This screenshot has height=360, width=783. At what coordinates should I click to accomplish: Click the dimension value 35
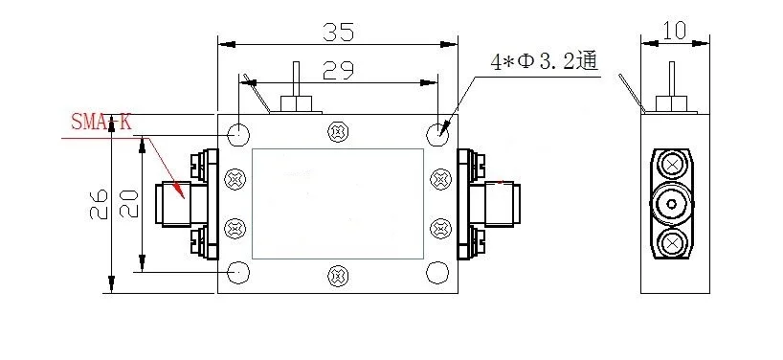pyautogui.click(x=338, y=32)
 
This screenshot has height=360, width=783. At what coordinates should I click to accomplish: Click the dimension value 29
pyautogui.click(x=338, y=71)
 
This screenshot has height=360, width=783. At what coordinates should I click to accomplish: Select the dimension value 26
pyautogui.click(x=99, y=204)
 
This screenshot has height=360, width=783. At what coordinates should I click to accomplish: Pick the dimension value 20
pyautogui.click(x=129, y=204)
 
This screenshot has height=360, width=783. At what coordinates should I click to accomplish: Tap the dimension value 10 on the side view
pyautogui.click(x=675, y=31)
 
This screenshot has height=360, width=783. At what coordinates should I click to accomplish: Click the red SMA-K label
pyautogui.click(x=101, y=122)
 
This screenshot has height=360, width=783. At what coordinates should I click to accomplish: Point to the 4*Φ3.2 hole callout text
pyautogui.click(x=545, y=62)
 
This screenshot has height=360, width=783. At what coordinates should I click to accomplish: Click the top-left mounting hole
pyautogui.click(x=238, y=134)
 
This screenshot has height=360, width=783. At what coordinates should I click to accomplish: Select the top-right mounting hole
pyautogui.click(x=437, y=134)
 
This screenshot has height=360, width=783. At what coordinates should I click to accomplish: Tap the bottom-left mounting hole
pyautogui.click(x=238, y=273)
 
